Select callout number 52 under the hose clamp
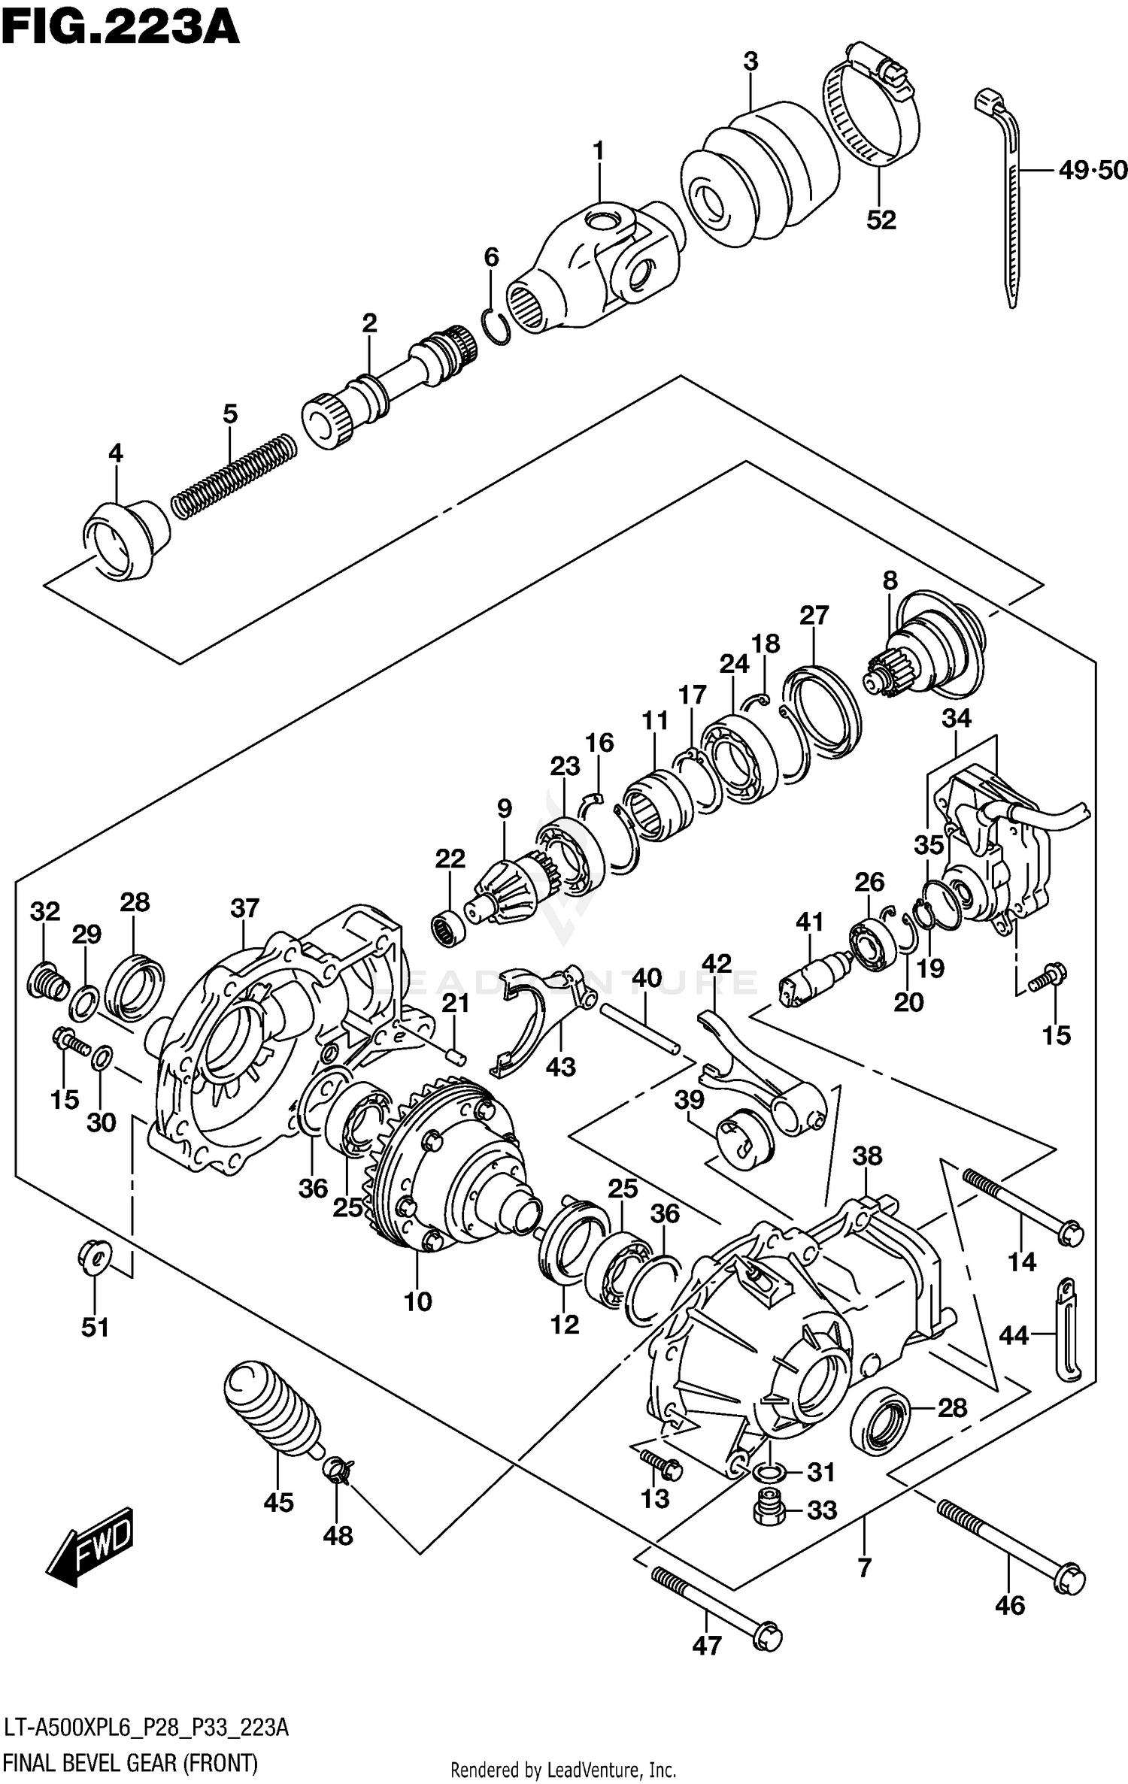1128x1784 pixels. tap(881, 220)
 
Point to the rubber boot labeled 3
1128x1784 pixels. tap(760, 177)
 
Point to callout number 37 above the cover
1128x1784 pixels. tap(244, 908)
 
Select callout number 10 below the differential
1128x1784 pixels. tap(417, 1301)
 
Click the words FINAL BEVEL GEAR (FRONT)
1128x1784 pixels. tap(130, 1763)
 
